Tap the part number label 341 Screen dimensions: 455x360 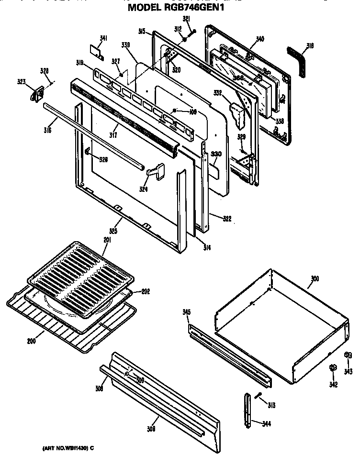coord(103,39)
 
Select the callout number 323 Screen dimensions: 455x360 coord(34,82)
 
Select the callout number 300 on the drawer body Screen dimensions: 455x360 coord(315,278)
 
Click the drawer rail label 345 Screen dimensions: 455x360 coord(187,312)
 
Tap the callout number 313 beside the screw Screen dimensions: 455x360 coord(271,406)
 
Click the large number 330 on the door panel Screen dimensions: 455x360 coord(216,154)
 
